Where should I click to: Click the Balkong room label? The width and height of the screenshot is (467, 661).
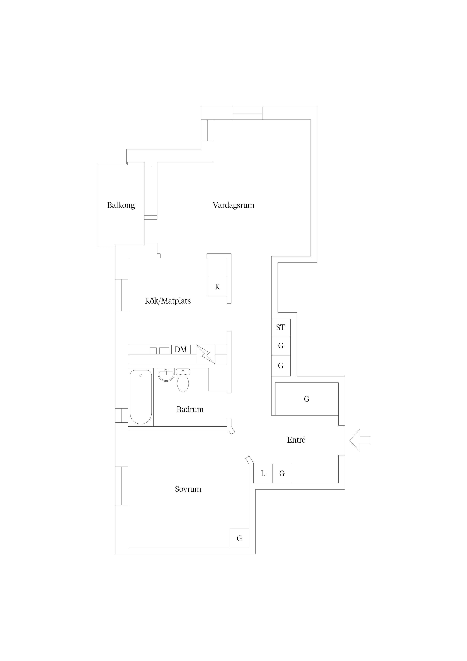[121, 205]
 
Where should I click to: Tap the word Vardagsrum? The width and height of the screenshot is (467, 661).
[233, 205]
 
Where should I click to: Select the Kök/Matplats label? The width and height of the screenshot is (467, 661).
[168, 301]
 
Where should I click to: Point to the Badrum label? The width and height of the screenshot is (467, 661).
[190, 409]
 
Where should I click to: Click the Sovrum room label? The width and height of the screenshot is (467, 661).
[188, 489]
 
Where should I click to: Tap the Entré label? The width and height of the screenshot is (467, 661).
[296, 440]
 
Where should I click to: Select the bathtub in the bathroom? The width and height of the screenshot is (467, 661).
[141, 397]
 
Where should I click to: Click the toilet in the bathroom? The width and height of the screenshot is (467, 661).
[183, 380]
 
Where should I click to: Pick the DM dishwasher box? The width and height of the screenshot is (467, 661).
[181, 350]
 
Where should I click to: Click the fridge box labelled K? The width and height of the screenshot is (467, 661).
[217, 287]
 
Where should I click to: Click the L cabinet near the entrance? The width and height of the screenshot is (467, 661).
[263, 474]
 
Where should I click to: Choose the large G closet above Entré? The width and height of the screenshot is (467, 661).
[307, 399]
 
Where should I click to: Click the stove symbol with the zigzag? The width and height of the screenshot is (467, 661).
[206, 354]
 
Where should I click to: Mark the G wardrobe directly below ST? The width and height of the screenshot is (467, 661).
[281, 346]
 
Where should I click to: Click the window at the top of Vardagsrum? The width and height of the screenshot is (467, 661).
[247, 113]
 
